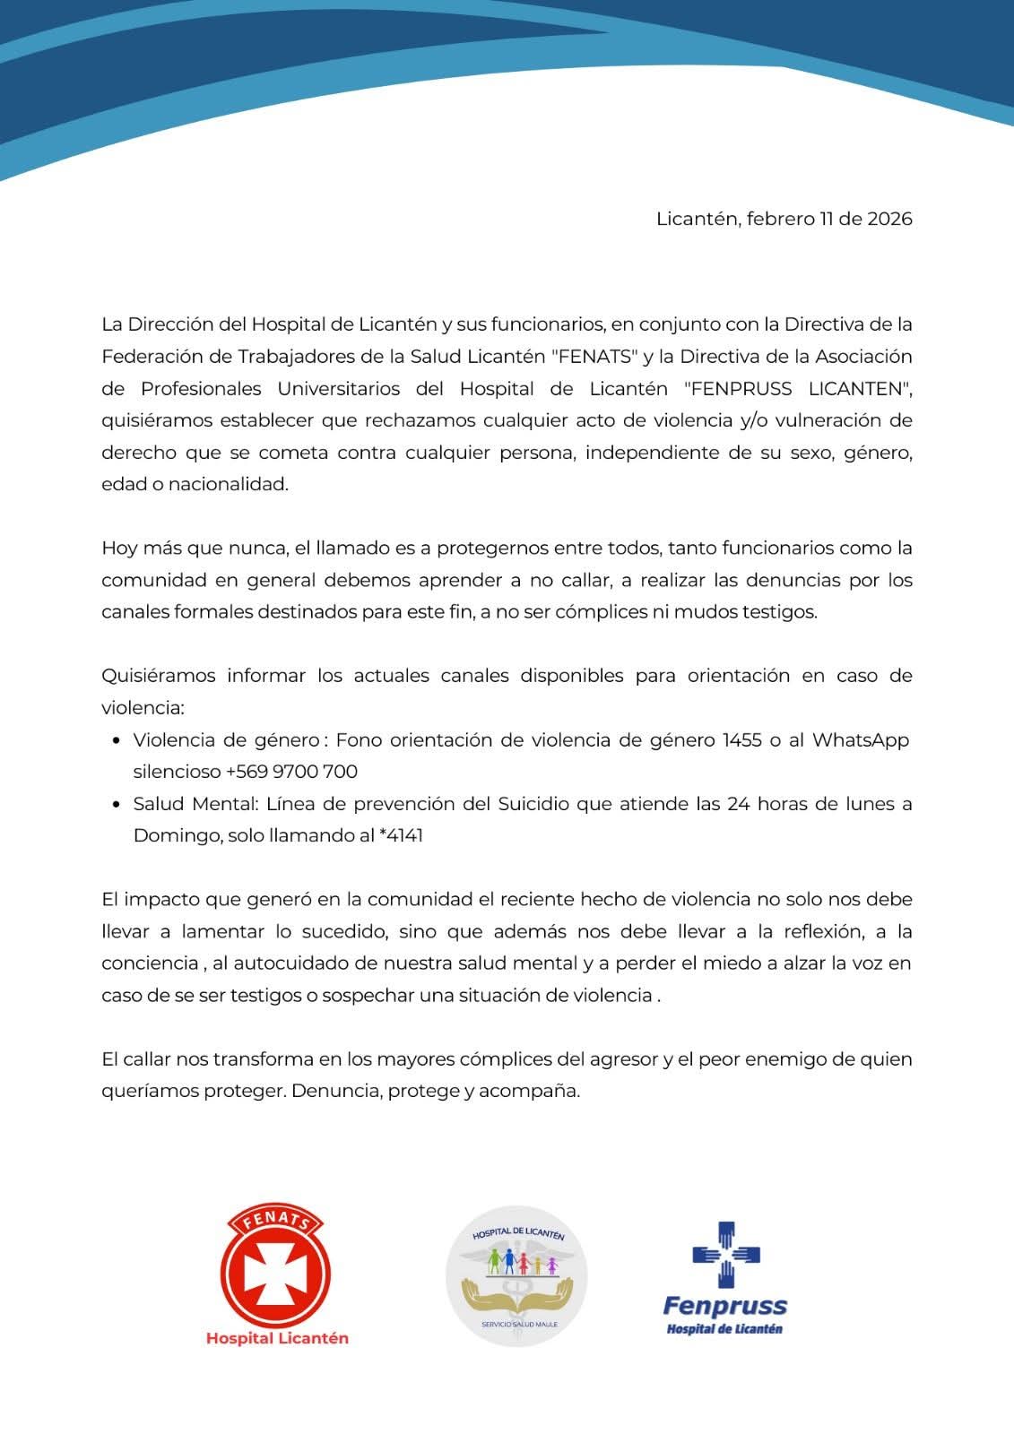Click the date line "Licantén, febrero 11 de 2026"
[x=784, y=219]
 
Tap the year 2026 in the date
[x=889, y=219]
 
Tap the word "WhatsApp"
[x=860, y=739]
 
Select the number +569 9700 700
[x=291, y=771]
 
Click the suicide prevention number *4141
[x=401, y=835]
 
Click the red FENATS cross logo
[x=276, y=1267]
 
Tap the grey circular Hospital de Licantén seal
[x=516, y=1274]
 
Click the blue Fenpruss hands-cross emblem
[x=725, y=1255]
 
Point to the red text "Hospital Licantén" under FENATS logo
[x=277, y=1338]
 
